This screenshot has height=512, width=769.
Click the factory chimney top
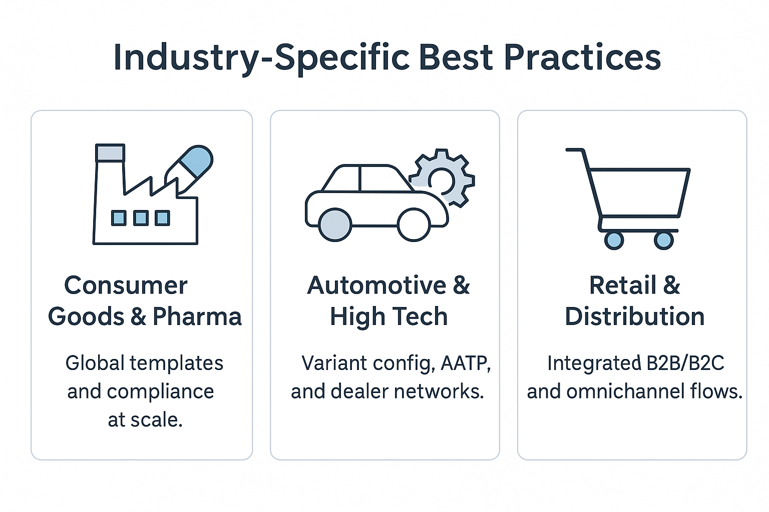[110, 152]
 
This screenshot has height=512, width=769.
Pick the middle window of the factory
[141, 218]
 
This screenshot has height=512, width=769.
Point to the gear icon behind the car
[446, 178]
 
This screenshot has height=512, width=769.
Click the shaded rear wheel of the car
[335, 225]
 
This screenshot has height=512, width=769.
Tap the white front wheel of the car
[414, 225]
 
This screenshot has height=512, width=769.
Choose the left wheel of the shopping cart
[614, 240]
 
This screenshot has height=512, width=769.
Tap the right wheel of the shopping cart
[663, 240]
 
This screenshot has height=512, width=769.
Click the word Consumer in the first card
[126, 285]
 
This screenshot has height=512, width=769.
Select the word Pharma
[197, 316]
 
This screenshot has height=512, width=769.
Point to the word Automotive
[376, 285]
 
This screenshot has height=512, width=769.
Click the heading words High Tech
[389, 316]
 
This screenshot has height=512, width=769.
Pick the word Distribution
[635, 316]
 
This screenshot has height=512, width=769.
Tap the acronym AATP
[466, 363]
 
